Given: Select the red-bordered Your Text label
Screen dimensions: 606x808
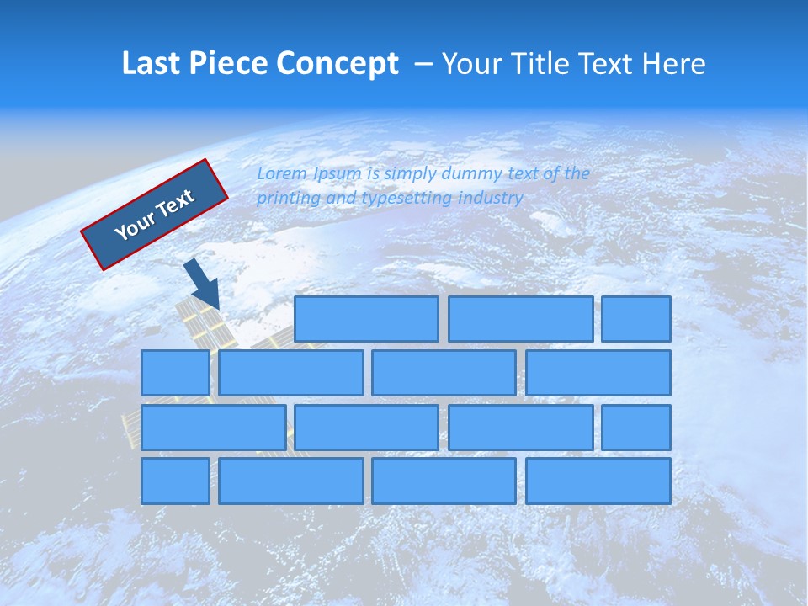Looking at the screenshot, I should [154, 215].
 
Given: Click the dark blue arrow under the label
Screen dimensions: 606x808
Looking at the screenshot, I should [203, 284].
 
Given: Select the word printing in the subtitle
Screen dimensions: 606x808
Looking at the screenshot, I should [289, 199].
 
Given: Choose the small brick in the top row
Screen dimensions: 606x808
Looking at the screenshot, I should [636, 319].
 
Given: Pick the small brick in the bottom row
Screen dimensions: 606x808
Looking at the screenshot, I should [175, 481].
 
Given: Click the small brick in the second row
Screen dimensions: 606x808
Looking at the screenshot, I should [175, 373].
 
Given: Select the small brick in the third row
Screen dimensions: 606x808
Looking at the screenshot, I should [636, 427].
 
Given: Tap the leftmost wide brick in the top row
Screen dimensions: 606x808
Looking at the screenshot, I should [366, 319].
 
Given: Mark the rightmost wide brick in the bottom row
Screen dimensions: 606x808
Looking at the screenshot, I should [598, 481].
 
